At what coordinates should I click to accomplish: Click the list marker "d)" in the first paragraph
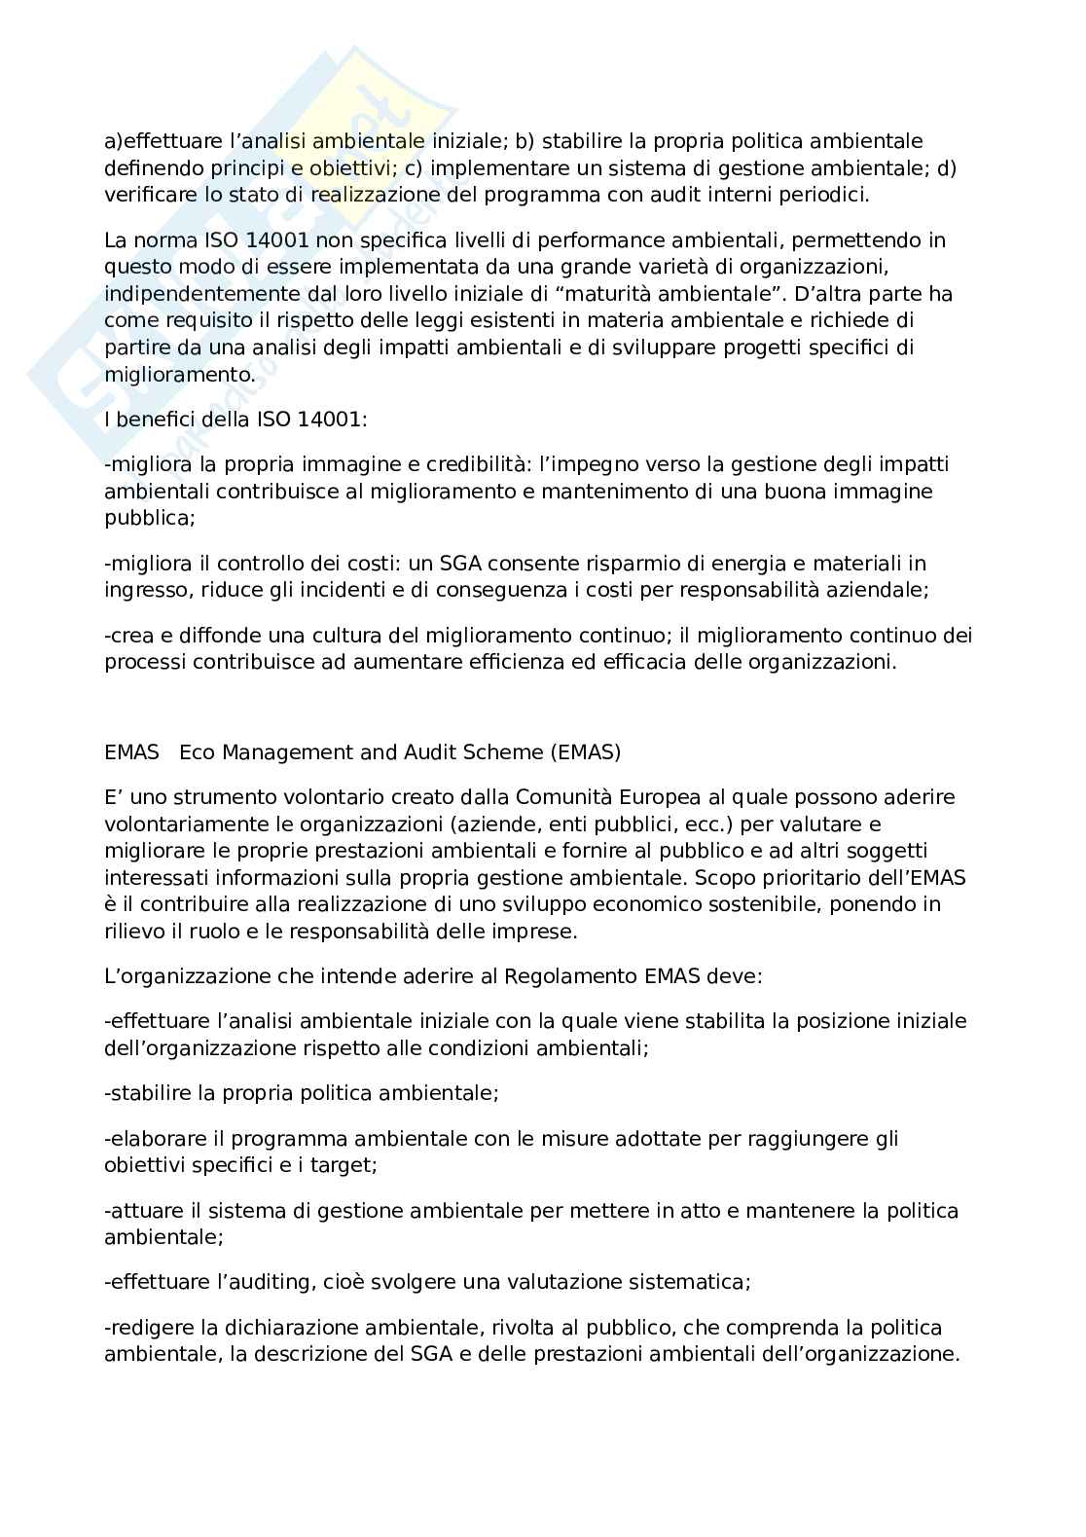[947, 168]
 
